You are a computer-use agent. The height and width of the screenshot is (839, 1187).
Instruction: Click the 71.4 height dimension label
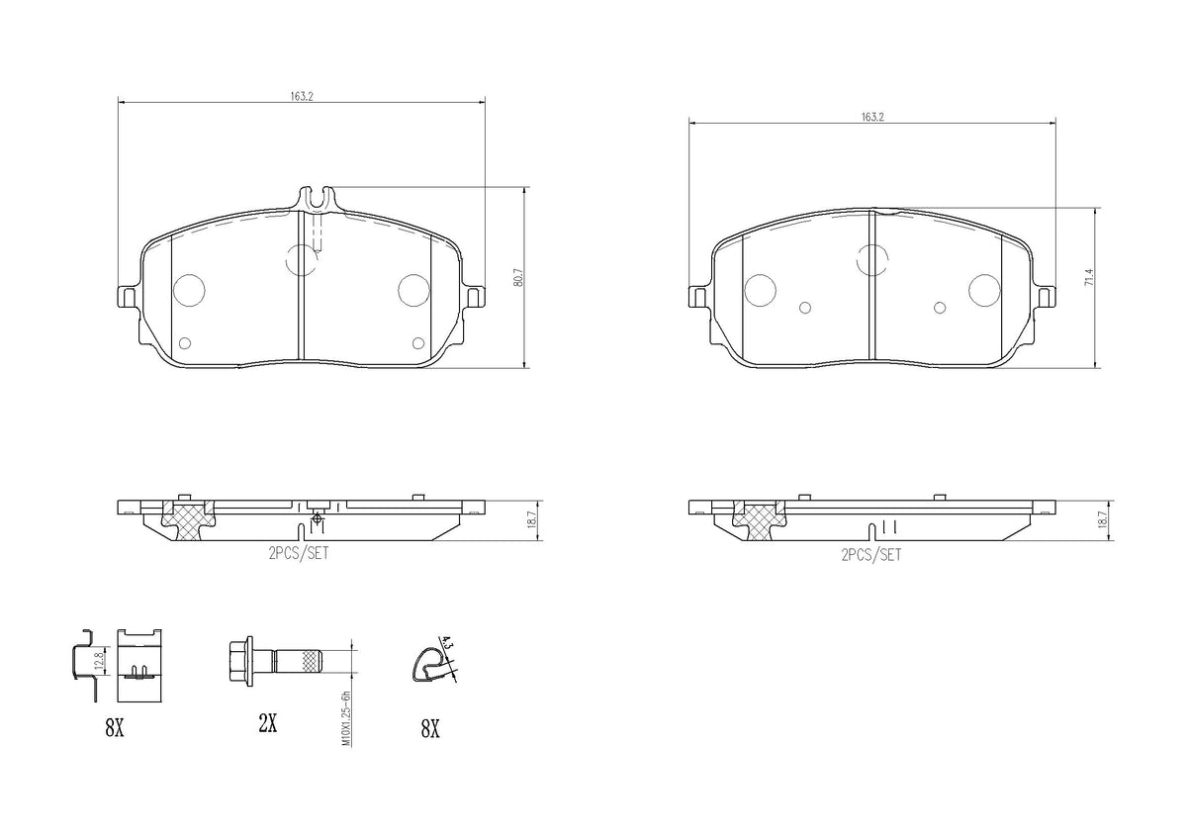coord(1089,277)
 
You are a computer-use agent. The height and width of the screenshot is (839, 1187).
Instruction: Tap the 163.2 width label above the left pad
coord(302,96)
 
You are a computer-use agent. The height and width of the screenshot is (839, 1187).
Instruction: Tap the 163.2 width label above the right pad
coord(872,117)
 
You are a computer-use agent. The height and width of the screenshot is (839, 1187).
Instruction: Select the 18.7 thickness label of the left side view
coord(533,517)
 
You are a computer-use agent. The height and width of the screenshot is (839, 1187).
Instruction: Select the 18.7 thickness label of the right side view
coord(1104,517)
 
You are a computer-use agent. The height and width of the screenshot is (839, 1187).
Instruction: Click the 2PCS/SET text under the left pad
coord(299,554)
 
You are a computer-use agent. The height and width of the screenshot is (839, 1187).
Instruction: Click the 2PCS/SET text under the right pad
coord(871,555)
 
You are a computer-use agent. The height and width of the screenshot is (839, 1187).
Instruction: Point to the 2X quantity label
coord(268,723)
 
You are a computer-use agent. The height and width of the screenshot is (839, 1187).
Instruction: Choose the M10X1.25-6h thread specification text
coord(346,718)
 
